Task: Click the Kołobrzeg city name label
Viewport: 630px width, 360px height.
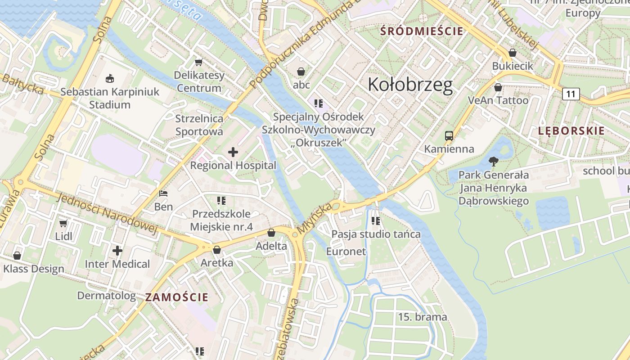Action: point(410,85)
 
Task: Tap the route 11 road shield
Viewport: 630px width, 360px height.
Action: point(571,94)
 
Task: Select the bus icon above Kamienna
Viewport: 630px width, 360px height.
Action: point(449,135)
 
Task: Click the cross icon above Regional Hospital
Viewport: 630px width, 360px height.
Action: point(233,152)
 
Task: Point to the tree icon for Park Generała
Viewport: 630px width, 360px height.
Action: point(494,161)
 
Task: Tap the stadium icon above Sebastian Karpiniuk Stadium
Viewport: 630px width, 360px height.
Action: point(109,79)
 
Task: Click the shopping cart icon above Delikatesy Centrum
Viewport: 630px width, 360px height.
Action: point(198,62)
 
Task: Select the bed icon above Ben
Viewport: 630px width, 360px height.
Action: point(163,193)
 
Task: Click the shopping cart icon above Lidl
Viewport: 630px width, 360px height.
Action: point(63,223)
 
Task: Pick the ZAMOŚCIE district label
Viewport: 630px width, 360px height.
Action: point(177,297)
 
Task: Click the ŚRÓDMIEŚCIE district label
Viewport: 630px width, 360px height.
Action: point(422,31)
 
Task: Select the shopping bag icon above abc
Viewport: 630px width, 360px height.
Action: point(301,72)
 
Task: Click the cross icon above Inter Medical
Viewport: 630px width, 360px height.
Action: point(117,250)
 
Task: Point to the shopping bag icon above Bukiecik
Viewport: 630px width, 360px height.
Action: point(512,53)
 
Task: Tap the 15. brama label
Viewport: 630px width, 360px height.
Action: point(423,317)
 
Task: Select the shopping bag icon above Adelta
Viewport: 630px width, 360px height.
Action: point(271,233)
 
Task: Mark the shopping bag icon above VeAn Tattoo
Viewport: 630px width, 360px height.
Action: point(498,87)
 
